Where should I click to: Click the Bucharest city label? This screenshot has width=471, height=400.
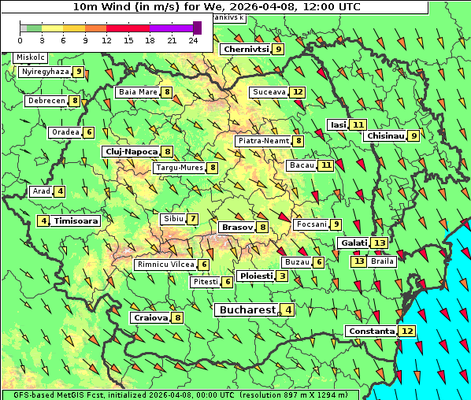pyautogui.click(x=246, y=310)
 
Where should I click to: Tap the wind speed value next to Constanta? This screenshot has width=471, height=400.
pyautogui.click(x=407, y=331)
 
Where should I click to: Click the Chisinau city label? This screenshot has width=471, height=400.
pyautogui.click(x=385, y=135)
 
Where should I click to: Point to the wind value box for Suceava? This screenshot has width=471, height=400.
pyautogui.click(x=298, y=92)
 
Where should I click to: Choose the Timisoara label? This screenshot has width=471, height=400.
pyautogui.click(x=76, y=221)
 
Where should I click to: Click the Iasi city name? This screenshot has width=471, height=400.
pyautogui.click(x=338, y=124)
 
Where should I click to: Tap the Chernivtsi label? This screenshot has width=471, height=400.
pyautogui.click(x=247, y=49)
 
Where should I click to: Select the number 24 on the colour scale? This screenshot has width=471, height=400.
pyautogui.click(x=192, y=40)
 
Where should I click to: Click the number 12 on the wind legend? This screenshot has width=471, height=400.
pyautogui.click(x=106, y=40)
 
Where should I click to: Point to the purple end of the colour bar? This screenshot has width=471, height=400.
pyautogui.click(x=181, y=28)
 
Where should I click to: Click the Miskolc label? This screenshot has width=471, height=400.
pyautogui.click(x=31, y=57)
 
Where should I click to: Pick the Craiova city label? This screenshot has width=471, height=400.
pyautogui.click(x=150, y=317)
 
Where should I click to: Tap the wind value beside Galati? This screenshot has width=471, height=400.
pyautogui.click(x=380, y=243)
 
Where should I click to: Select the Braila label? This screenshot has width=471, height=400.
pyautogui.click(x=382, y=261)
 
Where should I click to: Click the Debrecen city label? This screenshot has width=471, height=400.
pyautogui.click(x=46, y=101)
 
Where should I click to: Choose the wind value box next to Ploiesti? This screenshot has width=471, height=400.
pyautogui.click(x=282, y=276)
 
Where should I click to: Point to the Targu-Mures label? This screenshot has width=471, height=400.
pyautogui.click(x=180, y=168)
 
